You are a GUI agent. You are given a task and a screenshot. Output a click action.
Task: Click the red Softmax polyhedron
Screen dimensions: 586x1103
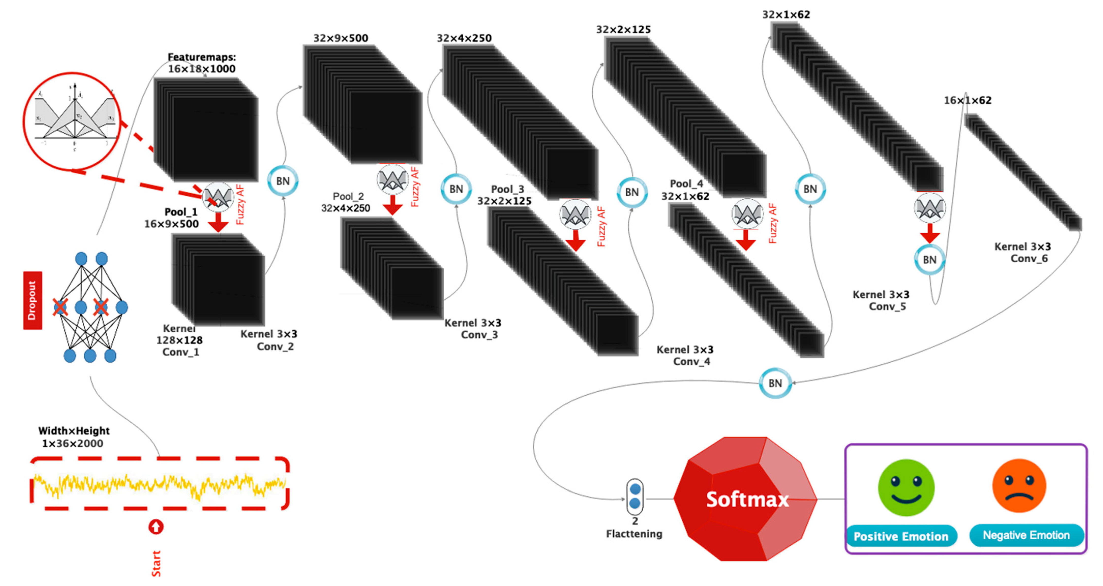[745, 499]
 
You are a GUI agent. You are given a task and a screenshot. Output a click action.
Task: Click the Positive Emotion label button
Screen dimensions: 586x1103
[901, 536]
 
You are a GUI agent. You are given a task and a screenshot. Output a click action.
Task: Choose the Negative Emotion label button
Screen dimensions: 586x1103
[1026, 535]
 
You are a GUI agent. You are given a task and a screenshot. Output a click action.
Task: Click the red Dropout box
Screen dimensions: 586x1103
[33, 300]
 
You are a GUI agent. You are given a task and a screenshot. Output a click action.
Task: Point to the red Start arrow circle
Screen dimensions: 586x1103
[156, 527]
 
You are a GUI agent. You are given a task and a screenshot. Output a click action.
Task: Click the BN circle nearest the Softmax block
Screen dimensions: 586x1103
[775, 383]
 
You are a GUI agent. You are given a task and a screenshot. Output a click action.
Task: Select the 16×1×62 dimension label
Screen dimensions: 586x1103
[968, 100]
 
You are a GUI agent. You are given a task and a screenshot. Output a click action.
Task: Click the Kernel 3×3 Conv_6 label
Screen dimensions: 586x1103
[1022, 253]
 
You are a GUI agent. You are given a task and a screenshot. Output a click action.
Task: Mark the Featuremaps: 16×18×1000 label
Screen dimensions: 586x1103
[201, 63]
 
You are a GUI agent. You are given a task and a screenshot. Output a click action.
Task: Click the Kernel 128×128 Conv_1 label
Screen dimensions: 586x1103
[180, 340]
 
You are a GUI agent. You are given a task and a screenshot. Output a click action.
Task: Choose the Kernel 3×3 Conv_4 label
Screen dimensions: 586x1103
[685, 355]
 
